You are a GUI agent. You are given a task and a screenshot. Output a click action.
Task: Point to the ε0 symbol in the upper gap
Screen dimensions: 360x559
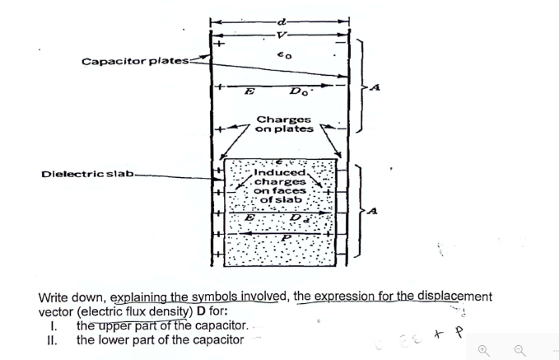[x=281, y=55]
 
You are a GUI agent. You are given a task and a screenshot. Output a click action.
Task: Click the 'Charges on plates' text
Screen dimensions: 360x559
[x=284, y=123]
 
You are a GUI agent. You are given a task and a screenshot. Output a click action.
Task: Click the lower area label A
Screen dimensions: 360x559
[x=375, y=213]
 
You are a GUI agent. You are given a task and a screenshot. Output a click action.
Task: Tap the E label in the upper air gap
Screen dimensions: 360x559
[x=247, y=93]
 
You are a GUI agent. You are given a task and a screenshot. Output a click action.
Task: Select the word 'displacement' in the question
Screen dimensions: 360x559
[x=451, y=297]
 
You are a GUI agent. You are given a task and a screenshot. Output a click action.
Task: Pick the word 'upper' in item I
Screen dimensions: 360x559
[x=114, y=326]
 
